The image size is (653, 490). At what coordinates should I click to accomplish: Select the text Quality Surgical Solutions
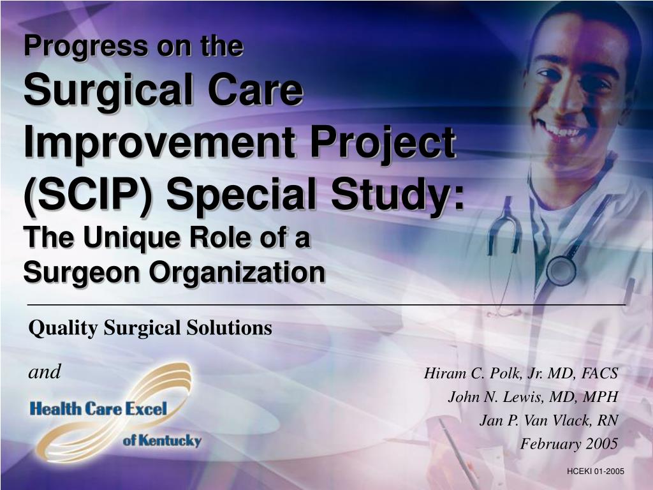tap(150, 328)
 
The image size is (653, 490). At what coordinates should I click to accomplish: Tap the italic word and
tap(45, 372)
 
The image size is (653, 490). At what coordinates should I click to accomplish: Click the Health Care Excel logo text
tap(98, 409)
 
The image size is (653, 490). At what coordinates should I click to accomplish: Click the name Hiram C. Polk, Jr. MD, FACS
tap(521, 373)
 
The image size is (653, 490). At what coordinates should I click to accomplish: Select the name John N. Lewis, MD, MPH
tap(533, 397)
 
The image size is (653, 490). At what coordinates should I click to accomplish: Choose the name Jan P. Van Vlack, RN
tap(548, 420)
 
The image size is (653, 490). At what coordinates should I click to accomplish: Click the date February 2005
tap(569, 444)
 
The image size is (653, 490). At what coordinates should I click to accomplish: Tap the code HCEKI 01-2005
tap(594, 471)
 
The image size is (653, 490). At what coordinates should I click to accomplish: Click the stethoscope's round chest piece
tap(561, 269)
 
